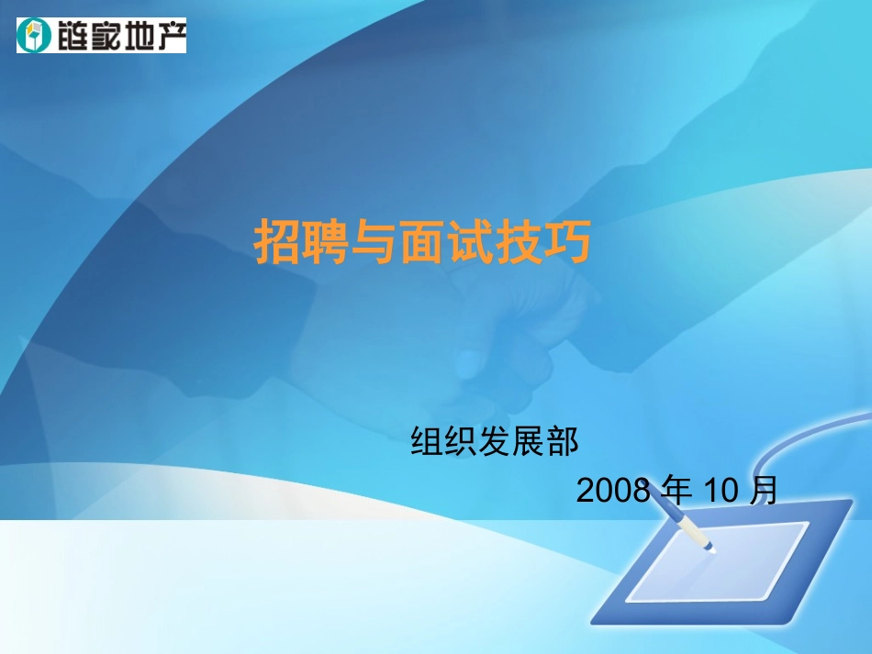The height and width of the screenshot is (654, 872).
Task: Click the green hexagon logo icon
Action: pyautogui.click(x=32, y=36)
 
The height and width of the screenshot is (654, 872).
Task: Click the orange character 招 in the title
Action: pyautogui.click(x=277, y=242)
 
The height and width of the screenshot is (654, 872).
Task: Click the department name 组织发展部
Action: pyautogui.click(x=496, y=442)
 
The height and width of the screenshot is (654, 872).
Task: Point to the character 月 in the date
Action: pyautogui.click(x=763, y=491)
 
